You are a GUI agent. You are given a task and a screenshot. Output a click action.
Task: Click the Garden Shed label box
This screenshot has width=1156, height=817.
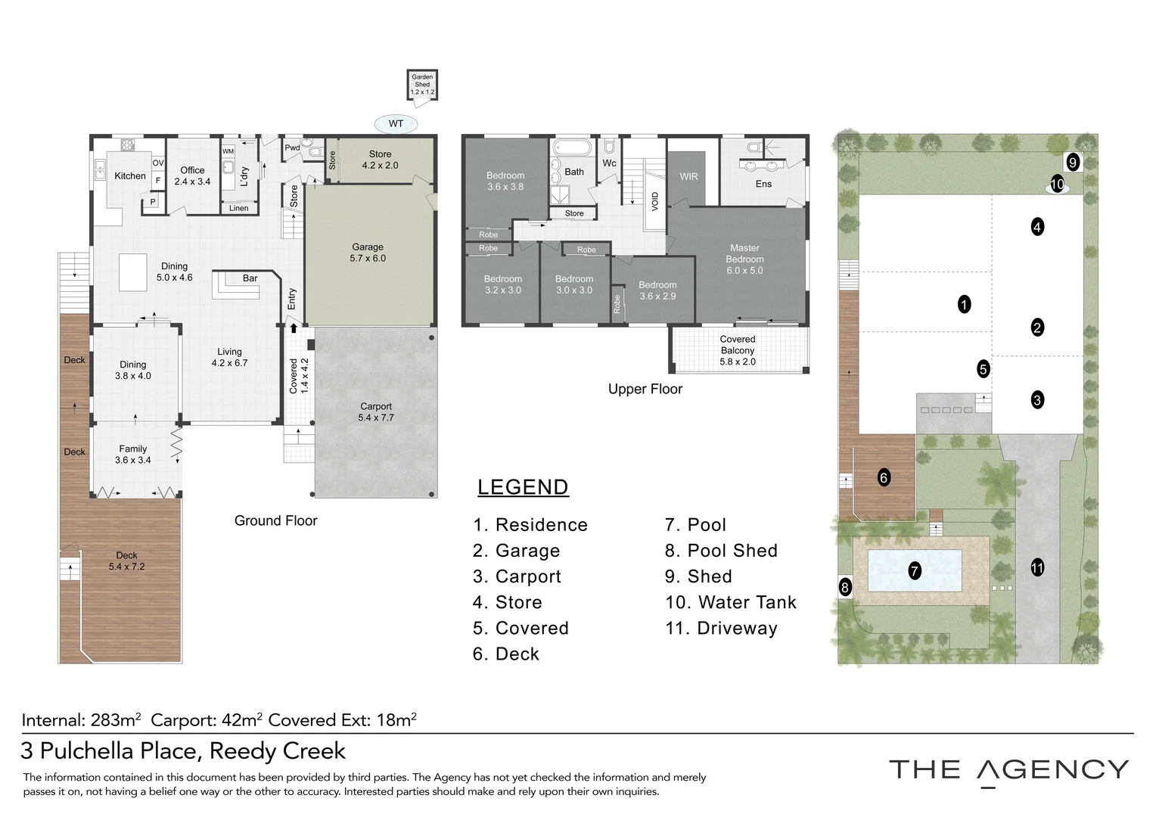pos(422,85)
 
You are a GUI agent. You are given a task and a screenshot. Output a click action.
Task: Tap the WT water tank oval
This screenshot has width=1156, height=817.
pos(396,124)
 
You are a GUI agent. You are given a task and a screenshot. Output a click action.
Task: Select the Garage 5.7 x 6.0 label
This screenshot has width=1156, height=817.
pos(368,253)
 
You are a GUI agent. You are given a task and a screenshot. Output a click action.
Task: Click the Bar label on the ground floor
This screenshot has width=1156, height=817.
pos(250,278)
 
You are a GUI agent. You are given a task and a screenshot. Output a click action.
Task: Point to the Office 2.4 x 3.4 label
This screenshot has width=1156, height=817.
pos(192,176)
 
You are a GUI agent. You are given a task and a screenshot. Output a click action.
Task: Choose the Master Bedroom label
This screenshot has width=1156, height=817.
pos(744,259)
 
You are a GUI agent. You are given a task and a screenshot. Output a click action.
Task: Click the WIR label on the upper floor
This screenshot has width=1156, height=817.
pos(688,176)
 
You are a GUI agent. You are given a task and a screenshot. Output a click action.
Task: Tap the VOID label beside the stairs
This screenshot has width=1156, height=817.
pos(655,201)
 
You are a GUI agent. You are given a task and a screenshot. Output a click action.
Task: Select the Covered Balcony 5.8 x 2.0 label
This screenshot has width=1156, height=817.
pos(738,350)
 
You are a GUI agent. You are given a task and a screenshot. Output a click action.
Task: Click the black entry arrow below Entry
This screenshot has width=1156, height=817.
pos(294,328)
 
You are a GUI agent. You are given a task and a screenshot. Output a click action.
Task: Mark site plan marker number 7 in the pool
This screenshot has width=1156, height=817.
pos(915,571)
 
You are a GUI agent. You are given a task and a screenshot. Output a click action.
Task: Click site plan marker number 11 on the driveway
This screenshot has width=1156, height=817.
pos(1037,567)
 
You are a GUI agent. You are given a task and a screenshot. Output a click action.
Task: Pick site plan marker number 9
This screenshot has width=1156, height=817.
pos(1073,163)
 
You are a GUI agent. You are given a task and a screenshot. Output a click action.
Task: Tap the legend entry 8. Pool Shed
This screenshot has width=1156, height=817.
pos(721,551)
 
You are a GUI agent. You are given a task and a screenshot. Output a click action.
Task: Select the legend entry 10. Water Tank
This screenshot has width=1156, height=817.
pos(731,602)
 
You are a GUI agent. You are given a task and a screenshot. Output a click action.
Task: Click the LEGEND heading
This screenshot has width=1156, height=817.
pos(523,487)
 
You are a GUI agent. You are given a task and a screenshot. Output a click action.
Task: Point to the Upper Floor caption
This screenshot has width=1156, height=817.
pos(645,389)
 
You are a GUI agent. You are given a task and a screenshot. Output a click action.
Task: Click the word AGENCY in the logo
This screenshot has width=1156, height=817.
pos(1053,770)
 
